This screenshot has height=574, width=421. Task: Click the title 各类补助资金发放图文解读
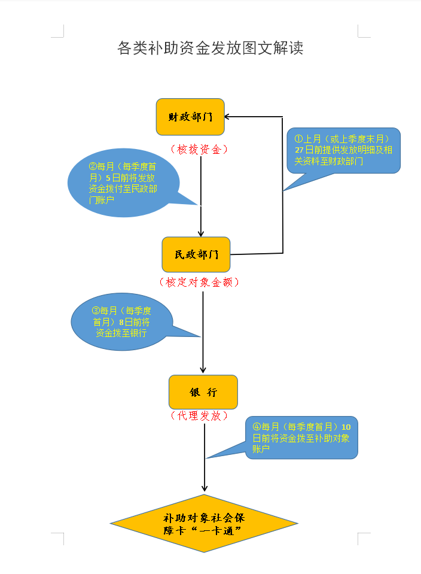[x=210, y=48]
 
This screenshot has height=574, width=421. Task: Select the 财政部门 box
[x=190, y=117]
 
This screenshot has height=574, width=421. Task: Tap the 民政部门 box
[x=196, y=254]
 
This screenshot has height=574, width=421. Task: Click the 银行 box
[x=203, y=392]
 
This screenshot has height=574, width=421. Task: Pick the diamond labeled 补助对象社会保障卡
[x=204, y=524]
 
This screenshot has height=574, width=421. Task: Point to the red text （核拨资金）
[x=200, y=150]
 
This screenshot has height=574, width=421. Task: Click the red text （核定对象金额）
[x=200, y=282]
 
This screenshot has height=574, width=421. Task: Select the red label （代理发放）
[x=200, y=415]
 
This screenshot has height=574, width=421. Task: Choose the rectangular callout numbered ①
[x=343, y=150]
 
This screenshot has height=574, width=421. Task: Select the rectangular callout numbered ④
[x=301, y=438]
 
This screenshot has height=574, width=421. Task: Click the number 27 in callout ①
[x=300, y=150]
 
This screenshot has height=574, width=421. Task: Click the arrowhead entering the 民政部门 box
[x=201, y=233]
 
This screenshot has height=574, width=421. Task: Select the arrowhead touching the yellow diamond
[x=205, y=489]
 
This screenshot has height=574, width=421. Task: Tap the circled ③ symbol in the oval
[x=95, y=311]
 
